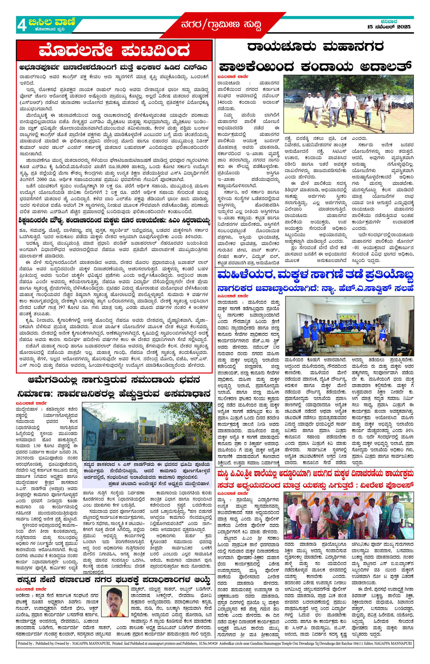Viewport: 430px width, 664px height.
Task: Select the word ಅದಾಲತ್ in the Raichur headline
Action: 386,67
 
